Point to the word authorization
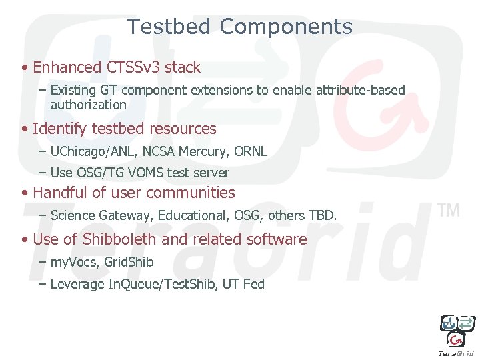[88, 105]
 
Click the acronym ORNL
[251, 151]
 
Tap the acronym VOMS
[143, 173]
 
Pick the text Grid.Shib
[129, 262]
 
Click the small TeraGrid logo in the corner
[457, 333]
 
